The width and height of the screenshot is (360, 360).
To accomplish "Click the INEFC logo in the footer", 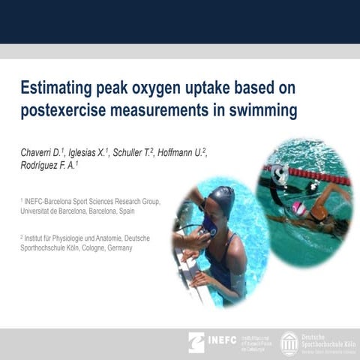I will [x=213, y=341].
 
